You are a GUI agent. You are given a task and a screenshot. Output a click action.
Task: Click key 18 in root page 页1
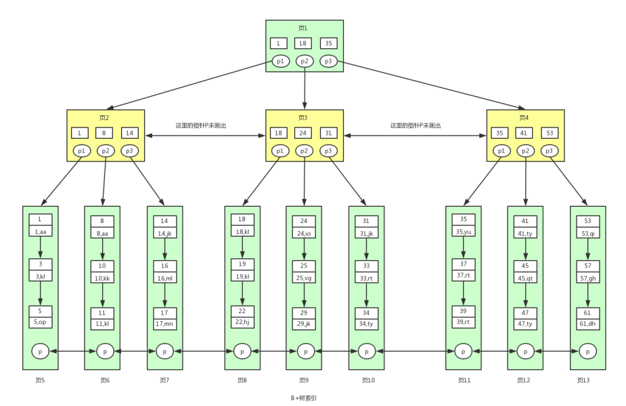pyautogui.click(x=303, y=43)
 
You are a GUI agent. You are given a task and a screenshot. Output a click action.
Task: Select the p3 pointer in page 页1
pyautogui.click(x=328, y=61)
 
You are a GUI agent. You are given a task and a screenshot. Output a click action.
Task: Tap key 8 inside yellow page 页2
pyautogui.click(x=104, y=133)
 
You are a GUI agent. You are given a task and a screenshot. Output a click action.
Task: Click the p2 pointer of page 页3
pyautogui.click(x=305, y=150)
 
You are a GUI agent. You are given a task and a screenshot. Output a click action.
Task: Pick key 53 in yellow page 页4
pyautogui.click(x=550, y=133)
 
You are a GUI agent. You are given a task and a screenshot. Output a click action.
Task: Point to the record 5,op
pyautogui.click(x=41, y=323)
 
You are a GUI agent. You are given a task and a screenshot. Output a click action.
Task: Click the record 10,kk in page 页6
pyautogui.click(x=102, y=278)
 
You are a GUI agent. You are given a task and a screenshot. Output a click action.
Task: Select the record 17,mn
pyautogui.click(x=165, y=324)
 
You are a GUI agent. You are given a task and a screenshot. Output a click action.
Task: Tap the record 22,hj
pyautogui.click(x=242, y=323)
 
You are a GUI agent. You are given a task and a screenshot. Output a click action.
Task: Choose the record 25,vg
pyautogui.click(x=304, y=278)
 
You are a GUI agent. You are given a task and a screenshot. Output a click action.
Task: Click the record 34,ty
pyautogui.click(x=367, y=324)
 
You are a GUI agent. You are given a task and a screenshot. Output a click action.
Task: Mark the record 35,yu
pyautogui.click(x=464, y=231)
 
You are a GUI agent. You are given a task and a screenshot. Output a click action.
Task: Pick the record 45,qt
pyautogui.click(x=526, y=278)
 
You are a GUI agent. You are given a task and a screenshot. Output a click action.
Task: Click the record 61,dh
pyautogui.click(x=587, y=324)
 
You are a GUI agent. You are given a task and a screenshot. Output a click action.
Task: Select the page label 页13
pyautogui.click(x=583, y=380)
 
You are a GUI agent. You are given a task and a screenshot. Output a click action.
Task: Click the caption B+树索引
pyautogui.click(x=304, y=398)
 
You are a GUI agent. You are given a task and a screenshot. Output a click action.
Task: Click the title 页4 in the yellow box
pyautogui.click(x=524, y=117)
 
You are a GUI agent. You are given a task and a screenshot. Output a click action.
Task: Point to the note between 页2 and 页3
pyautogui.click(x=201, y=125)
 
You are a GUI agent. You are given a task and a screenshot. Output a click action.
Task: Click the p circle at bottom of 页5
pyautogui.click(x=41, y=351)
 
